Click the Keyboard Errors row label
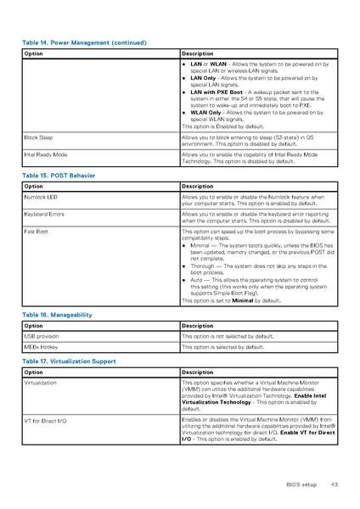pyautogui.click(x=44, y=215)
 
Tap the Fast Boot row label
pyautogui.click(x=36, y=231)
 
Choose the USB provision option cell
pyautogui.click(x=42, y=336)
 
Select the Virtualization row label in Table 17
pyautogui.click(x=41, y=383)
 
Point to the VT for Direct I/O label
pyautogui.click(x=45, y=420)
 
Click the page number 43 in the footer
pyautogui.click(x=335, y=484)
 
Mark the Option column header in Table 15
pyautogui.click(x=34, y=186)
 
